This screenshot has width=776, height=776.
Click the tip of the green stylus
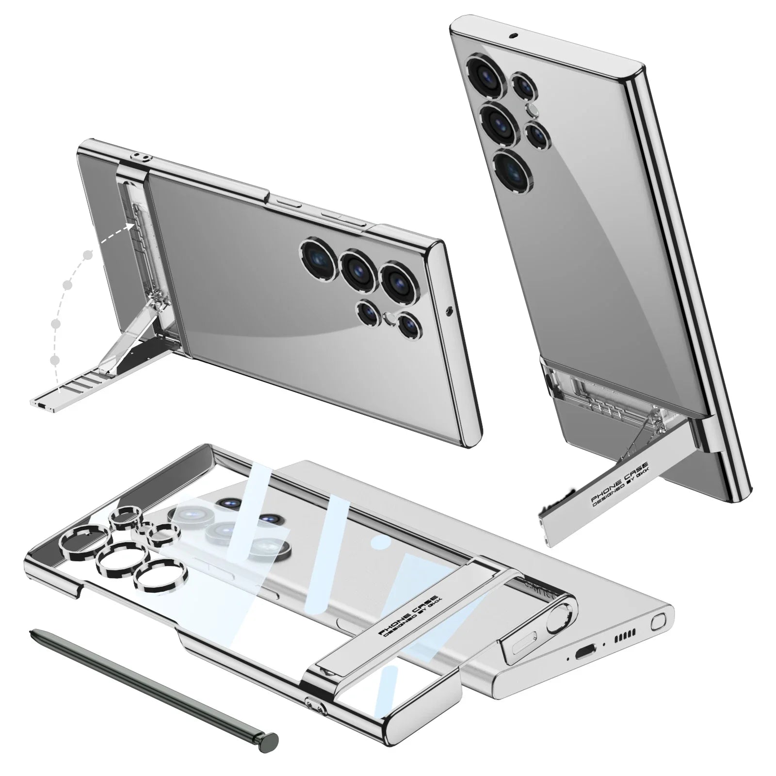[x=32, y=632]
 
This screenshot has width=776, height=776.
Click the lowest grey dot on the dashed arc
[x=55, y=359]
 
